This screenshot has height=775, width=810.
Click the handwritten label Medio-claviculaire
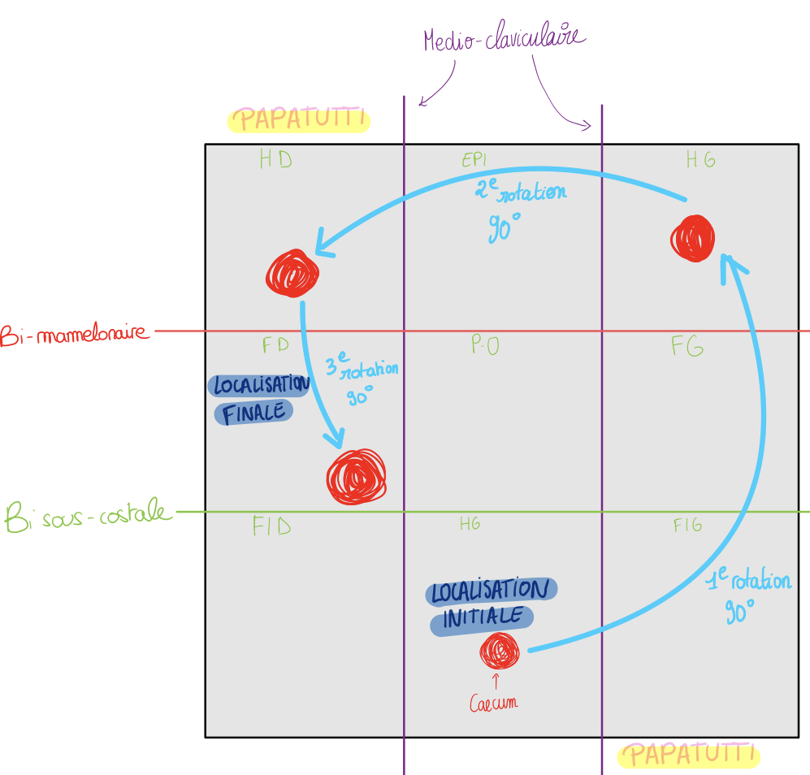pos(504,41)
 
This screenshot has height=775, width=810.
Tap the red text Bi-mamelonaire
pos(76,333)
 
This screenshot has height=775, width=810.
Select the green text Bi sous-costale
pos(88,515)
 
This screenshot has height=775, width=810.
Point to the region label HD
pos(275,159)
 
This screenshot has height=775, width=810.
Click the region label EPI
pos(474,160)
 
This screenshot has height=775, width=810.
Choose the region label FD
pos(275,344)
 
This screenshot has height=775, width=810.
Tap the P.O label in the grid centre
pos(485,346)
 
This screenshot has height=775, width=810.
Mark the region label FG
pos(687,347)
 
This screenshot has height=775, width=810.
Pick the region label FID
pos(271,527)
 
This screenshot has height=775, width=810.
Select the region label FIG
pos(687,526)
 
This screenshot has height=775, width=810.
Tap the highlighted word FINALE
pos(254,413)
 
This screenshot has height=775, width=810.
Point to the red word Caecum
pos(493,703)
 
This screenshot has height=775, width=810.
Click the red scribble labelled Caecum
pos(499,650)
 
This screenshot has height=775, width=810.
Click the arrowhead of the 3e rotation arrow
pos(335,439)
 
